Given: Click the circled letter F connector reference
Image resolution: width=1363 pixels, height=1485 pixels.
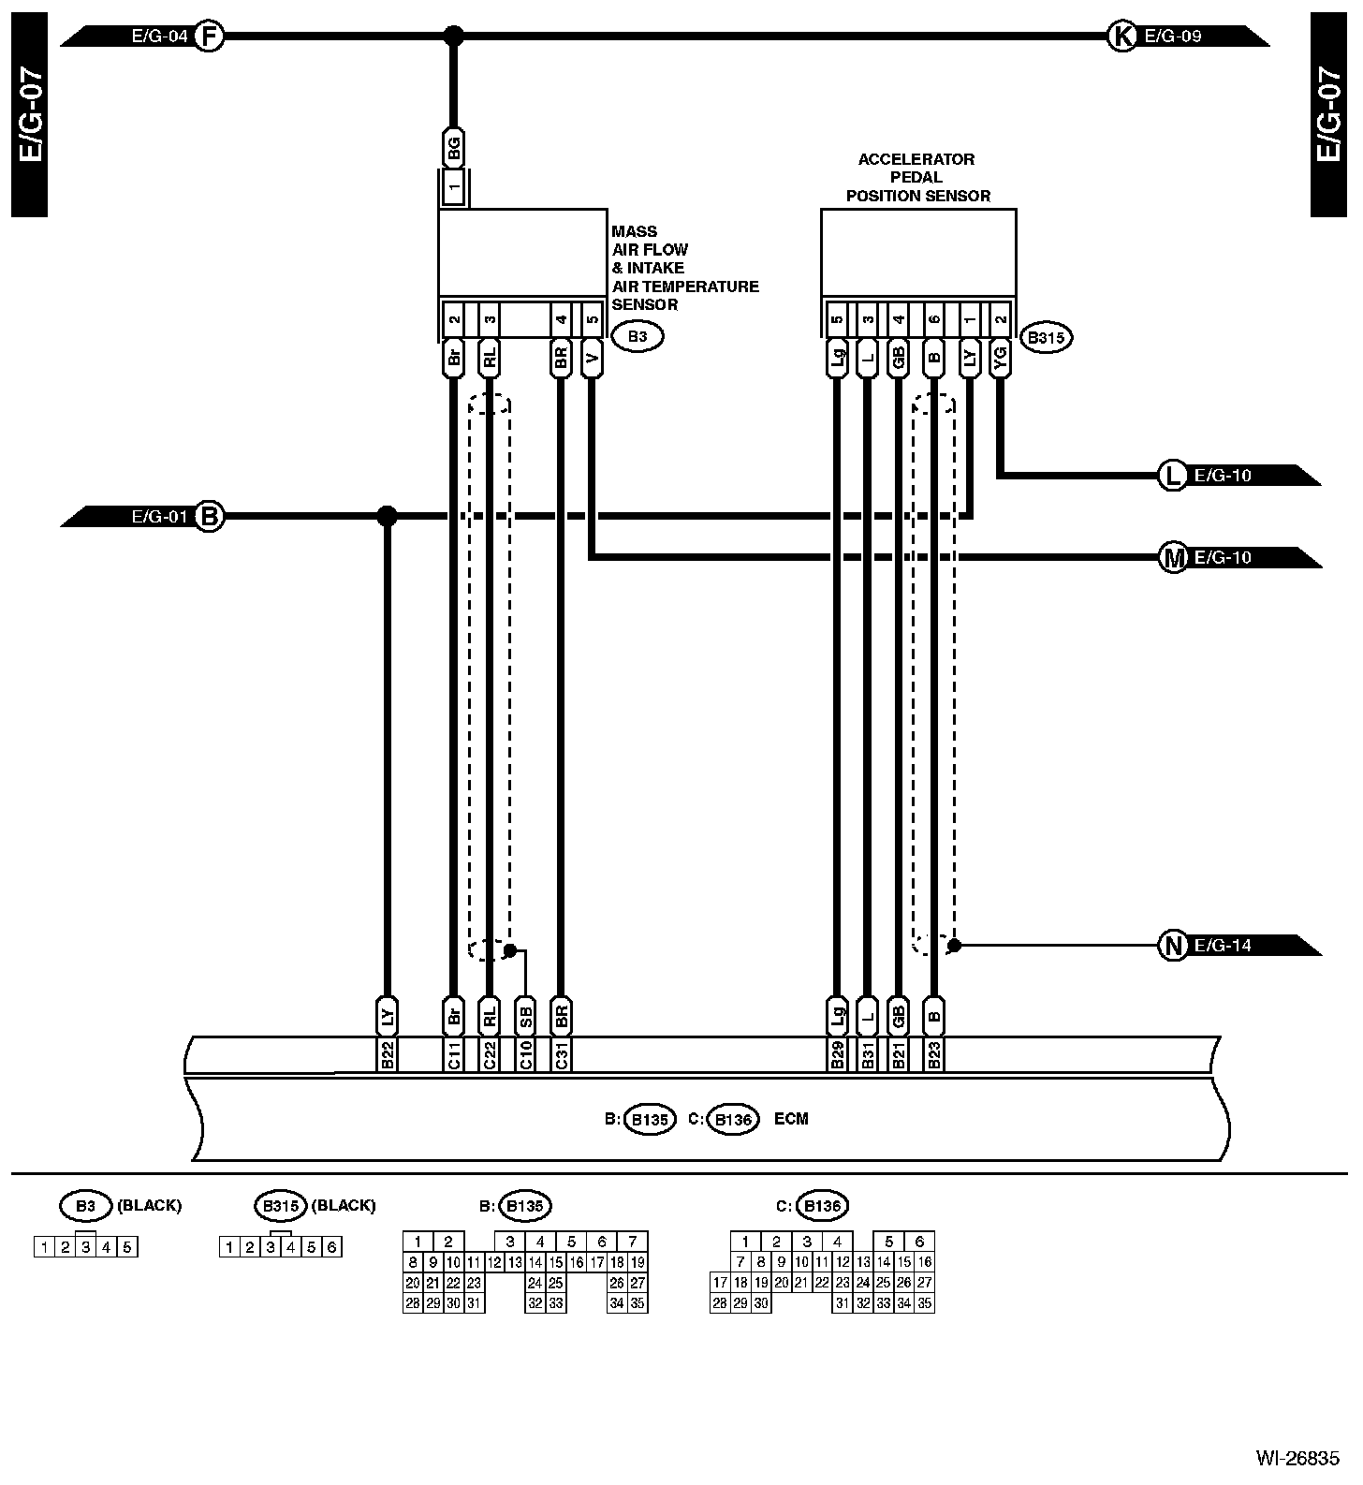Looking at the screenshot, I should tap(209, 37).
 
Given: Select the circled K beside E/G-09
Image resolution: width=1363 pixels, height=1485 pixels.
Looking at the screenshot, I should tap(1121, 37).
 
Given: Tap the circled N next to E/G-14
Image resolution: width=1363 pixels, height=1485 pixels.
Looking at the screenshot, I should tap(1172, 946).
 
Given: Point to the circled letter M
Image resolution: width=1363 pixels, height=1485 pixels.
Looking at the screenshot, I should tap(1172, 558).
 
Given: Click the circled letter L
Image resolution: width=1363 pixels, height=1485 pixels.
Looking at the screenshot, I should tap(1172, 476).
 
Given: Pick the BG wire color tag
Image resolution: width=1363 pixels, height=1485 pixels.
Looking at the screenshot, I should tap(453, 146).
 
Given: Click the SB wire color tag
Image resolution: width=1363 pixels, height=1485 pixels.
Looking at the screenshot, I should tap(525, 1016).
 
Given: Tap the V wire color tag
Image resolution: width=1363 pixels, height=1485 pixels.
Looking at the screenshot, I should tap(591, 357).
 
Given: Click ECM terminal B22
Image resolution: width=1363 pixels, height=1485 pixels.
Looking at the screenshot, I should tap(387, 1054).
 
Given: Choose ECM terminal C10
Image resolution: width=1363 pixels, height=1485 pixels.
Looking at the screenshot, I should tap(525, 1054).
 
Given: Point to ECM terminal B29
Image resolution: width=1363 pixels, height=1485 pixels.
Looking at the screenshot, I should tap(837, 1054).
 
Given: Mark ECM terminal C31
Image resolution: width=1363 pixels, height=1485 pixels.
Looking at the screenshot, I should tap(561, 1054).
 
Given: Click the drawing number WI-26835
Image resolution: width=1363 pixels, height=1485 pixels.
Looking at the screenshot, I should tap(1297, 1458).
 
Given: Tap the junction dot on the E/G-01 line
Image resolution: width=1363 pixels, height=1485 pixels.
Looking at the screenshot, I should tap(387, 516).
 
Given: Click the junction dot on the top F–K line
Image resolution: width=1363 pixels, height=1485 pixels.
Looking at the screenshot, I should tap(453, 37).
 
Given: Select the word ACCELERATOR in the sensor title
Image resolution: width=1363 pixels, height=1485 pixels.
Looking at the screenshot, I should tap(916, 159).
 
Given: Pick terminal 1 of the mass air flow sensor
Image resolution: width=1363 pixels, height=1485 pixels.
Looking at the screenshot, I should tap(453, 188).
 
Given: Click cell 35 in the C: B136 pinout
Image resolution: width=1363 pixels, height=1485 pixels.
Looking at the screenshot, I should tap(924, 1303).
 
